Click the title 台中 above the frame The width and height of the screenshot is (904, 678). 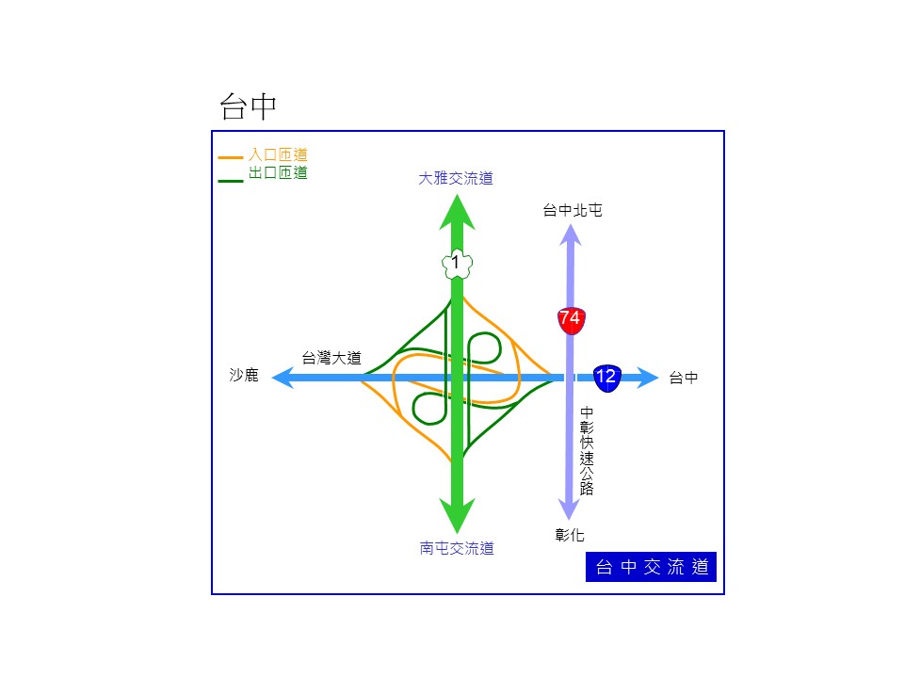[x=248, y=106]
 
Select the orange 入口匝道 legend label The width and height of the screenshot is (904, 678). [x=278, y=154]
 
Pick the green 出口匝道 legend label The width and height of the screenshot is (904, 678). [x=278, y=172]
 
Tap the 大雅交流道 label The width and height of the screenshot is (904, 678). [x=456, y=178]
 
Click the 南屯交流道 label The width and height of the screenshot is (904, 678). [x=457, y=548]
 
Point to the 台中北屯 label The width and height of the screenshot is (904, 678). [x=573, y=210]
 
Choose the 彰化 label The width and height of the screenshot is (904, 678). [x=570, y=535]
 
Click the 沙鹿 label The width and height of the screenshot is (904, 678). [x=244, y=375]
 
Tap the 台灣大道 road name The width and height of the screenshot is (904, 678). [x=331, y=358]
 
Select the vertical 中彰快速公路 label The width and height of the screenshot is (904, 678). [x=587, y=451]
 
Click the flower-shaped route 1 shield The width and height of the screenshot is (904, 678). [x=457, y=264]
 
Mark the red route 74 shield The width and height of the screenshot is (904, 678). [x=571, y=320]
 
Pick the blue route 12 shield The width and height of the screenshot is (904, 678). [x=607, y=379]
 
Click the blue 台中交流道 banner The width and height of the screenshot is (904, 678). [x=651, y=567]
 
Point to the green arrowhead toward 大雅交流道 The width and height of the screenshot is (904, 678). [x=458, y=214]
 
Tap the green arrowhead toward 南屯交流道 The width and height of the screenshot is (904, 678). [x=458, y=515]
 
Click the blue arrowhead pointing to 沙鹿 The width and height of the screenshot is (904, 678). [x=282, y=379]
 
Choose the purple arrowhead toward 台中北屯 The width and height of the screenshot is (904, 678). [x=571, y=234]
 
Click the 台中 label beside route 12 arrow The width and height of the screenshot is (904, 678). [x=684, y=378]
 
